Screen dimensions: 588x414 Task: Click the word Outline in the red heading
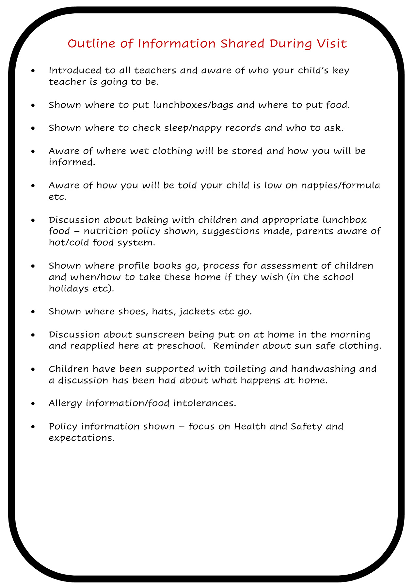point(88,43)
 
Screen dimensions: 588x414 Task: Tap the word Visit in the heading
point(332,43)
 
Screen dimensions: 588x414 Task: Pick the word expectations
point(81,438)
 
